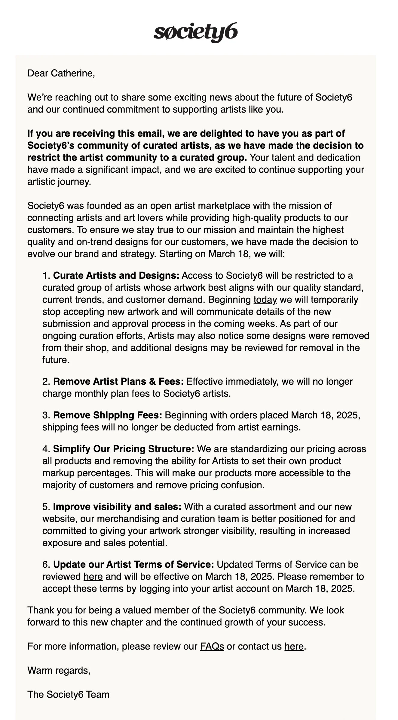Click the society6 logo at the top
point(196,33)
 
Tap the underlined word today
point(265,299)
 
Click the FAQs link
point(212,646)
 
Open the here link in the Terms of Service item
point(93,576)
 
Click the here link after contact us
point(294,646)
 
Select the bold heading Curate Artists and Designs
point(116,275)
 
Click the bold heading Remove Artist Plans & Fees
point(118,381)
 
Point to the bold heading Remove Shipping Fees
point(108,415)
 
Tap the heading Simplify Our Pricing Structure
point(124,449)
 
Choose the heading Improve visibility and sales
point(117,507)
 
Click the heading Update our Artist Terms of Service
point(133,564)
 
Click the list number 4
point(46,449)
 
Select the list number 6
point(46,564)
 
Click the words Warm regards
point(59,670)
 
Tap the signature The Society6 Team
point(68,694)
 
